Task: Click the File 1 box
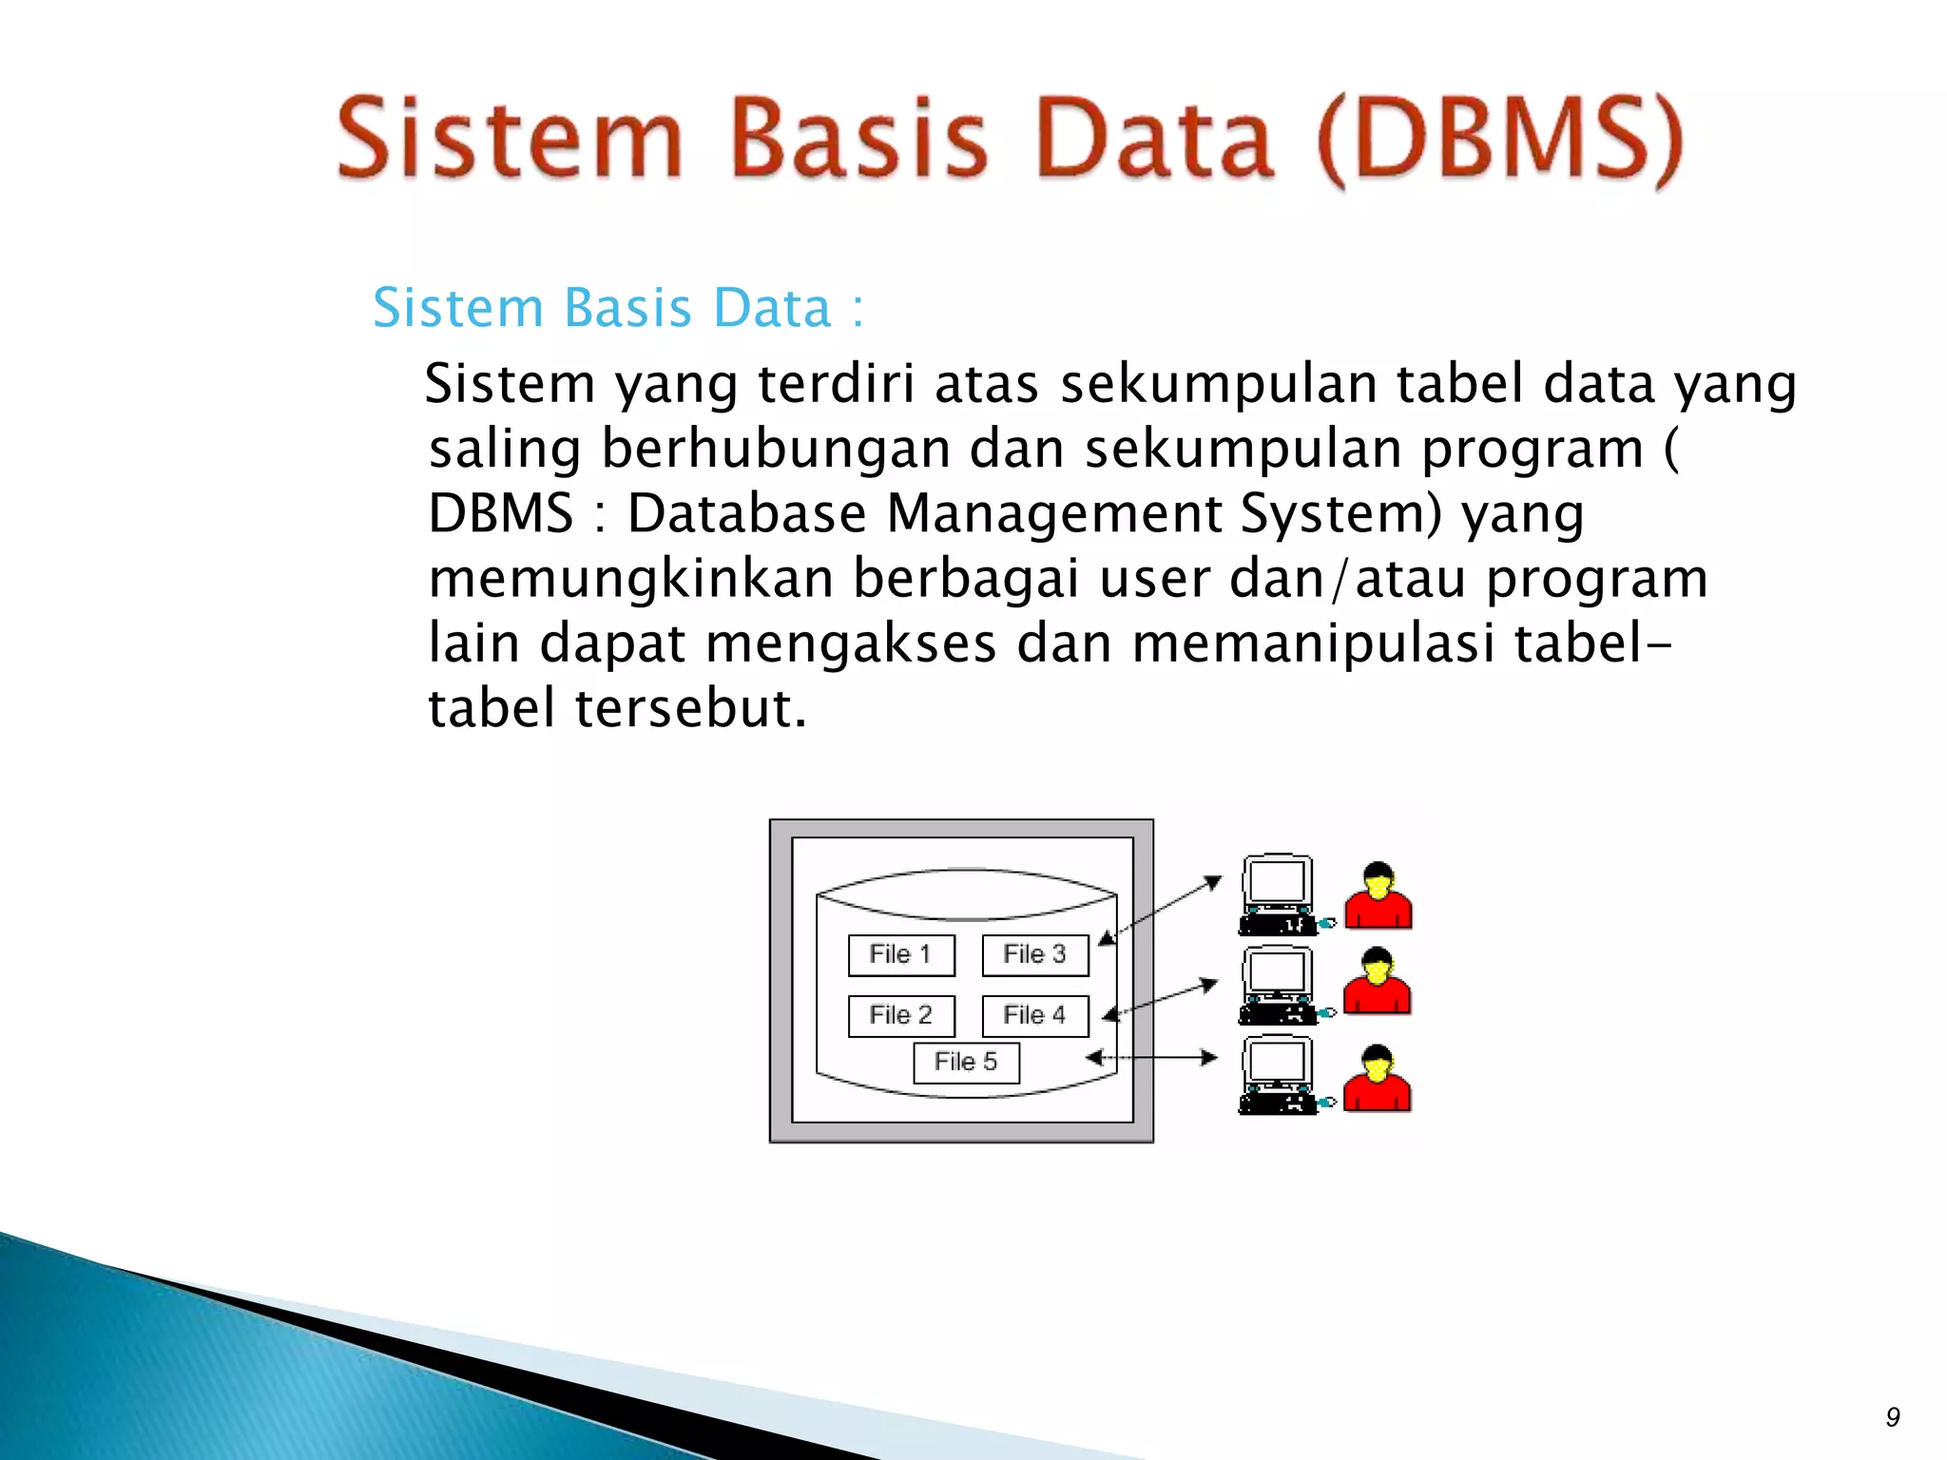coord(900,955)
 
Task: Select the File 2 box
coord(900,1016)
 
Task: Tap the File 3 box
coord(1034,955)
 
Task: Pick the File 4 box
coord(1034,1016)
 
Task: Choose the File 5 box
coord(966,1063)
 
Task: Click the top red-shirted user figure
coord(1378,895)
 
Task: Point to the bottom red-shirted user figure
coord(1377,1078)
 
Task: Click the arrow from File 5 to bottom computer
coord(1151,1058)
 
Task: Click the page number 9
coord(1892,1417)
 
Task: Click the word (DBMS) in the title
coord(1500,141)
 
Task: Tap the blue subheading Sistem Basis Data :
coord(618,308)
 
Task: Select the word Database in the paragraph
coord(746,513)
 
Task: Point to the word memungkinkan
coord(630,578)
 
